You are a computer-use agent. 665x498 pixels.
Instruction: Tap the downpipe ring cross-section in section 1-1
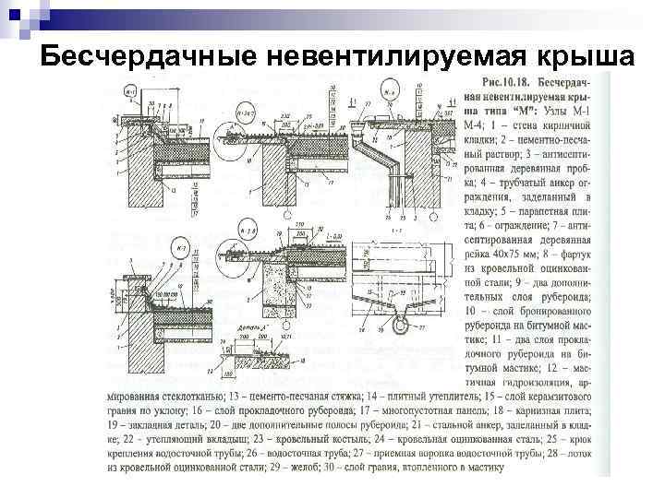pyautogui.click(x=399, y=325)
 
